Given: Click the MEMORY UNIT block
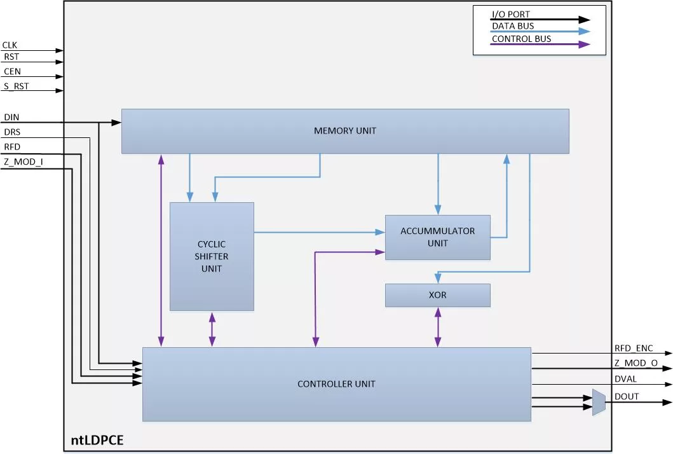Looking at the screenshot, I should coord(345,131).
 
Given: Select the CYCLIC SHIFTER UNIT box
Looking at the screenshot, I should coord(212,256).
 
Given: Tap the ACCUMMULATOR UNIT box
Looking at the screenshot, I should coord(437,237).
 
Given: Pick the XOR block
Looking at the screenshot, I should coord(437,295).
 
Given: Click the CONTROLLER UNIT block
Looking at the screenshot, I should coord(336,384).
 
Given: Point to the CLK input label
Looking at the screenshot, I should coord(10,45).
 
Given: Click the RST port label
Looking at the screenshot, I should coord(11,57).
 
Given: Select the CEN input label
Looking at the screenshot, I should coord(12,72).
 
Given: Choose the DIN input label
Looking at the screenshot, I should coord(11,118).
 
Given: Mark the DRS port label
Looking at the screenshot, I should coord(12,132).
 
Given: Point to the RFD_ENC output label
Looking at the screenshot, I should coord(634,348).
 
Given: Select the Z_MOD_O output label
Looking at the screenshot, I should coord(636,364).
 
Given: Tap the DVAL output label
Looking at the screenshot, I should coord(626,379).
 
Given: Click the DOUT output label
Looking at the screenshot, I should coord(627,397).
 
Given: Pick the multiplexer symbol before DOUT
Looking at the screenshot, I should coord(599,402).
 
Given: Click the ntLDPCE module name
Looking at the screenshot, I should coord(97,439).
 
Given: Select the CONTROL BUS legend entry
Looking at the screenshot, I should coord(521,39).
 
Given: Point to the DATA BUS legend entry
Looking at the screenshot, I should coord(513,26).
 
